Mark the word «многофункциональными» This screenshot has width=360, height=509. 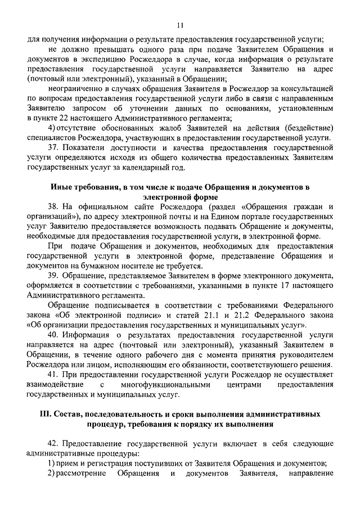click(x=167, y=384)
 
